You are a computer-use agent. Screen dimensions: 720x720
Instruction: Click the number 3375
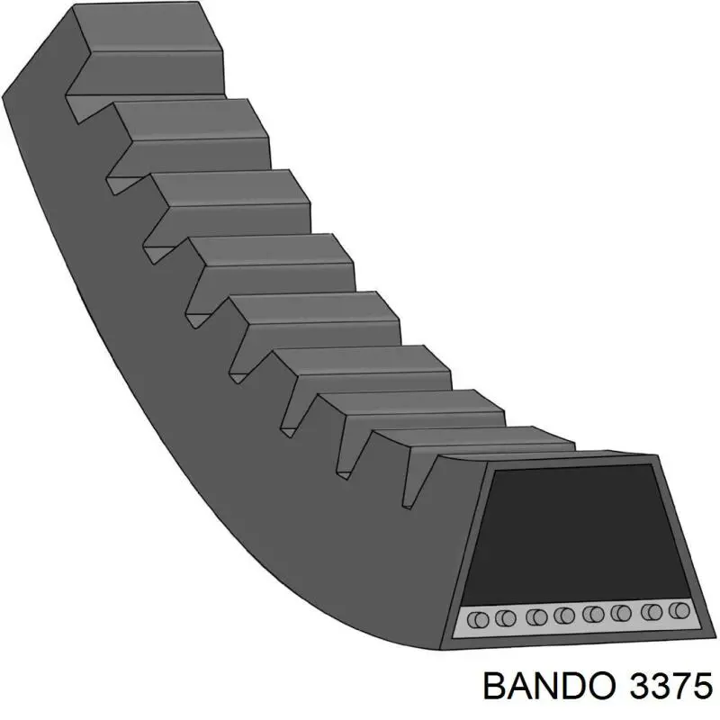click(x=661, y=688)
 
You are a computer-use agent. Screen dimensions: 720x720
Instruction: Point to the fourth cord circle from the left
click(x=565, y=616)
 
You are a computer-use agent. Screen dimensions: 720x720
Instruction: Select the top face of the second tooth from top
click(x=189, y=120)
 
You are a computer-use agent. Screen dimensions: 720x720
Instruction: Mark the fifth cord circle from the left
click(x=593, y=616)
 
